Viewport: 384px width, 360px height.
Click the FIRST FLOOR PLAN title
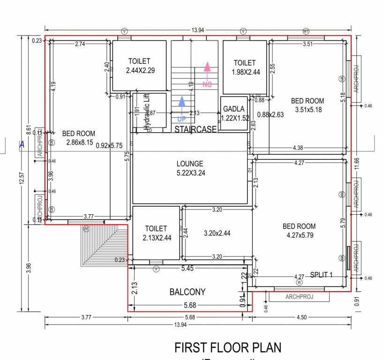click(x=228, y=348)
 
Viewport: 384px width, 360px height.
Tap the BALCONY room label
click(x=187, y=292)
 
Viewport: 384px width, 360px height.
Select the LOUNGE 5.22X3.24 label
click(x=190, y=168)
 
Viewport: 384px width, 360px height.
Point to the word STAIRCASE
click(x=196, y=129)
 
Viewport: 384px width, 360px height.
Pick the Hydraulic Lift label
click(x=147, y=111)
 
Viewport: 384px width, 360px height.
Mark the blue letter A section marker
click(x=22, y=145)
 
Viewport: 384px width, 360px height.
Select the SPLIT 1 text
click(x=321, y=275)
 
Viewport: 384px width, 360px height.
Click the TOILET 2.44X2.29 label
click(x=139, y=66)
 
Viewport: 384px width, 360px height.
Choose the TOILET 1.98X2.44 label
click(x=244, y=67)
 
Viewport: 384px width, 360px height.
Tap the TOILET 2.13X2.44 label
click(x=156, y=233)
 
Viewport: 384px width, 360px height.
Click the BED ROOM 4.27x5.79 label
click(x=299, y=231)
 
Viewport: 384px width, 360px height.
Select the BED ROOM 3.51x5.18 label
click(x=308, y=105)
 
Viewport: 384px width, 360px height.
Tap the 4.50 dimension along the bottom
click(x=301, y=317)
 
